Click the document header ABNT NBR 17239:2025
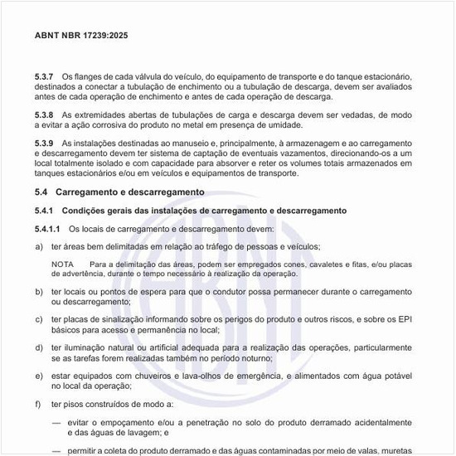click(x=82, y=36)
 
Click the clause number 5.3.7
click(x=45, y=76)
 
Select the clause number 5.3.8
click(x=45, y=114)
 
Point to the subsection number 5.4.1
click(x=45, y=211)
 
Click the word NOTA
click(x=63, y=263)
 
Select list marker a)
click(x=39, y=246)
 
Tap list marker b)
click(x=39, y=292)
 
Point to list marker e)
click(x=39, y=378)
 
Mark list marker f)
click(x=39, y=404)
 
